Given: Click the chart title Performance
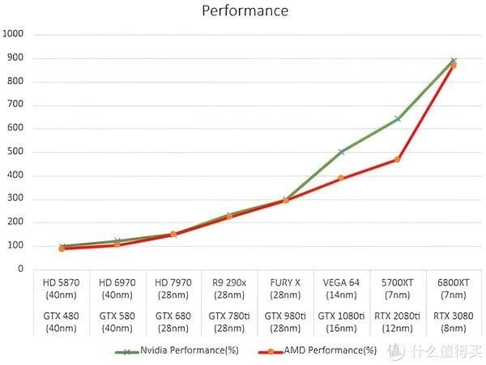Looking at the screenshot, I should (244, 11).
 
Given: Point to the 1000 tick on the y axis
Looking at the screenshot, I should (15, 34).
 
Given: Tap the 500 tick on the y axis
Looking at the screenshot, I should (16, 151).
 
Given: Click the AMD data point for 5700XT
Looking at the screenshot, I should (397, 159).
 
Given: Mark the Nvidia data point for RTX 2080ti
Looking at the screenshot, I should (397, 119).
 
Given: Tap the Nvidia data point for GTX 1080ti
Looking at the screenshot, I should (341, 151).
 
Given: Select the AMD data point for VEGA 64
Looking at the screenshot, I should (341, 178).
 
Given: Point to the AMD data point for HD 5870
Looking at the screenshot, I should (61, 248).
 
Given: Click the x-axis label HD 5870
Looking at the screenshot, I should (61, 282).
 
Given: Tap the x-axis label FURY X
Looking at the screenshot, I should (285, 282).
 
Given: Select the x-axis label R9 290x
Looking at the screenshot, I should (229, 282).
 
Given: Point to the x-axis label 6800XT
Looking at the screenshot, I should (453, 282).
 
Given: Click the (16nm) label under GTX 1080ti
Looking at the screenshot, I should (341, 328).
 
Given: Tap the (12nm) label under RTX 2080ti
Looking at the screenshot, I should (397, 328).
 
